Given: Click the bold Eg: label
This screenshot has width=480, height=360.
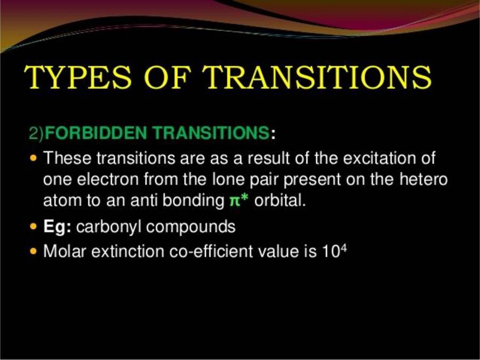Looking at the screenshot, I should tap(58, 227).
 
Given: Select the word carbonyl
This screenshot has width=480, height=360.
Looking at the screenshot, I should tap(109, 227).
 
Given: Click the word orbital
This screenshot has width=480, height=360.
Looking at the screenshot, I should tap(279, 202).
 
